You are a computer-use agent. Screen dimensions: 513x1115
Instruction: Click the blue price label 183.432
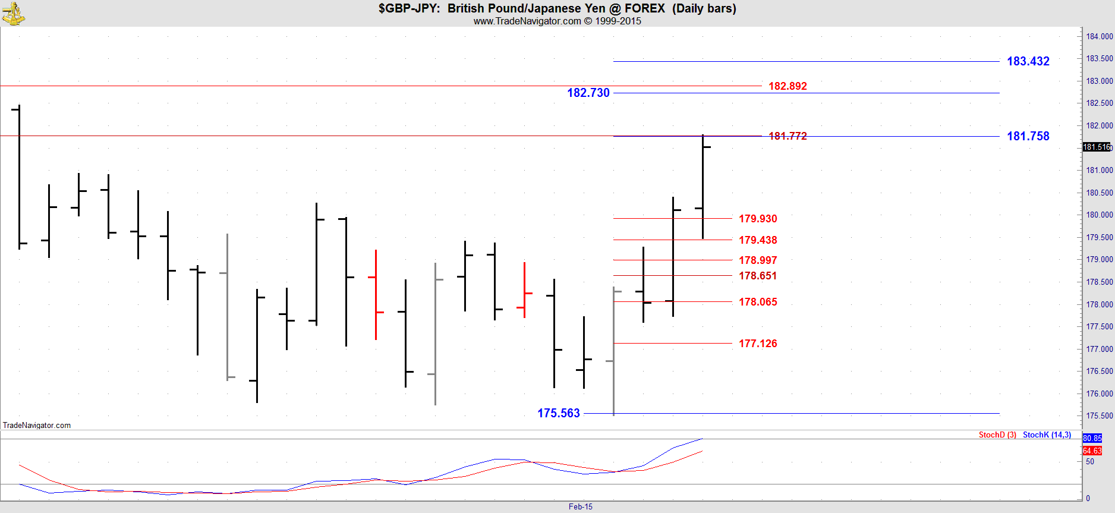[1028, 61]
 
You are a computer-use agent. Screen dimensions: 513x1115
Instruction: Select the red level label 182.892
[788, 86]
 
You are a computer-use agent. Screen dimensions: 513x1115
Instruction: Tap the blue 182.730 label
[588, 93]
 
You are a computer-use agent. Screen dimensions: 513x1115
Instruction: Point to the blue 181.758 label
[1028, 136]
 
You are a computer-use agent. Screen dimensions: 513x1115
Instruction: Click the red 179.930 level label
[758, 219]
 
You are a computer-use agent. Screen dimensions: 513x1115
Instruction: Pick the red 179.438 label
[758, 240]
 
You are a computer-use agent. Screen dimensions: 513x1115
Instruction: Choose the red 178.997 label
[758, 260]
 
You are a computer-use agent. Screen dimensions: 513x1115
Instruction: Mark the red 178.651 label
[758, 276]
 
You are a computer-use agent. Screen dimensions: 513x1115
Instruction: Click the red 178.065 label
[758, 302]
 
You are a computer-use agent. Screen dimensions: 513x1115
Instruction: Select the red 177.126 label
[758, 344]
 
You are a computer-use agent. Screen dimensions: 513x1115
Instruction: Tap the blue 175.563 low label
[558, 413]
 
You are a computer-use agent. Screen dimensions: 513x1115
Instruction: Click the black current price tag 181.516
[1096, 147]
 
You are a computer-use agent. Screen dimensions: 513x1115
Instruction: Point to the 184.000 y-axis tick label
[1099, 36]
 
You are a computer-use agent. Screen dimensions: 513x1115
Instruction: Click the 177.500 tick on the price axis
[1099, 326]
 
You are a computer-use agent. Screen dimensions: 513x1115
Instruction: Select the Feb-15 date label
[580, 507]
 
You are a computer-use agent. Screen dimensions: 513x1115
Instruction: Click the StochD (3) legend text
[997, 435]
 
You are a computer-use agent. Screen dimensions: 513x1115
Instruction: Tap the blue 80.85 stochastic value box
[1092, 438]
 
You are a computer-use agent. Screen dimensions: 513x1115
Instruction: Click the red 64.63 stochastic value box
[1092, 451]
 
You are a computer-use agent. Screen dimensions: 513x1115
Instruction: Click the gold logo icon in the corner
[13, 14]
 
